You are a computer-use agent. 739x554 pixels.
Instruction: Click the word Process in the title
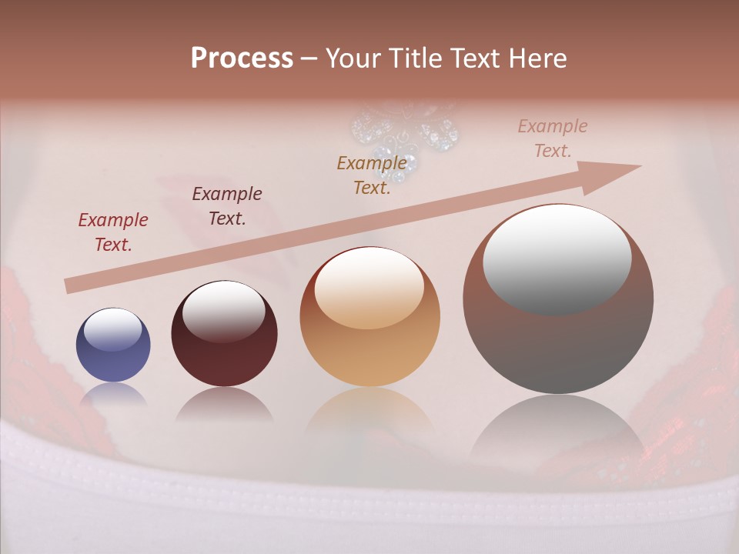coord(242,58)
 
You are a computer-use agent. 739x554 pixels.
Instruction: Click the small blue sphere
coord(113,345)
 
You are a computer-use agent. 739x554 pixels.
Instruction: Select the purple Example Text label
coord(226,206)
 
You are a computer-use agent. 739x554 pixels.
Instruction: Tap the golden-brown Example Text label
coord(372,175)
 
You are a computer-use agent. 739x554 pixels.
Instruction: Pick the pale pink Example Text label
coord(552,138)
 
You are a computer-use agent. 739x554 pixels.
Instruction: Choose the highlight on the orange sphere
coord(369,289)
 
